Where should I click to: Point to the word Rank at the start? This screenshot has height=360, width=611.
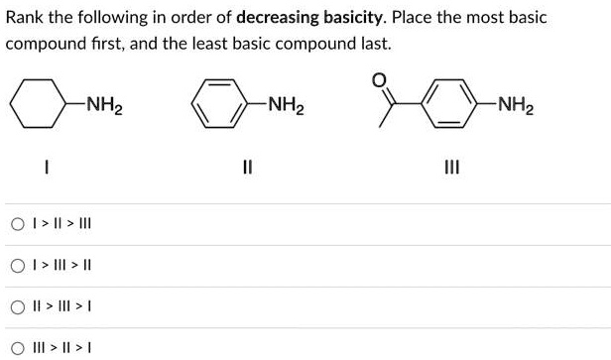coord(26,19)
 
